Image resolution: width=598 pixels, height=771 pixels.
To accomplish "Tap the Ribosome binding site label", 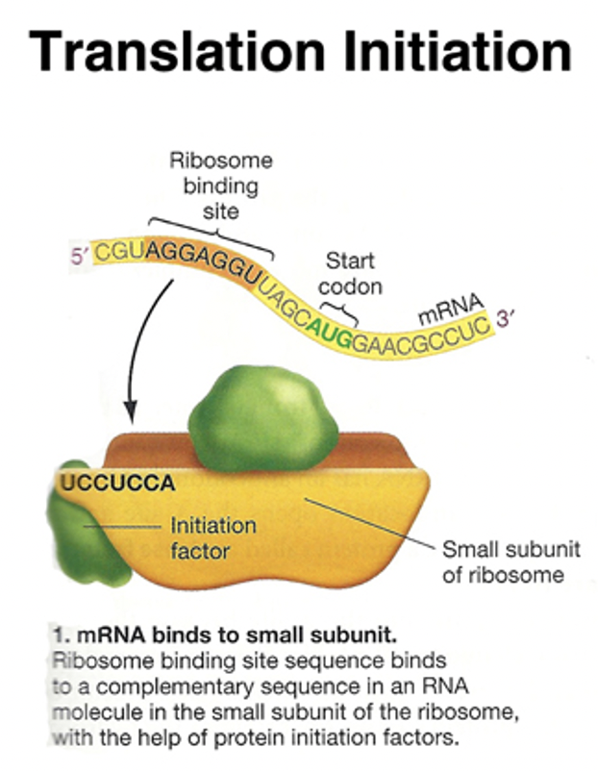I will [x=221, y=183].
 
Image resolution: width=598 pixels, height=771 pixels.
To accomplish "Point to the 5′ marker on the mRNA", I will [x=79, y=258].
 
